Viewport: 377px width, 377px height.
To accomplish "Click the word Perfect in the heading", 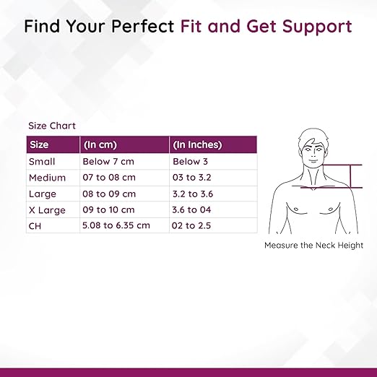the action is pyautogui.click(x=142, y=26).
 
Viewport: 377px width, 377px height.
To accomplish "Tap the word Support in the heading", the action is pyautogui.click(x=317, y=27).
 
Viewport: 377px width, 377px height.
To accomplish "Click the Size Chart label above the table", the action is pyautogui.click(x=52, y=126).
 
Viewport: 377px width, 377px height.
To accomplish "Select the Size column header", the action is pyautogui.click(x=39, y=144).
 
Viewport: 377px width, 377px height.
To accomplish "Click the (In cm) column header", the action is pyautogui.click(x=100, y=144).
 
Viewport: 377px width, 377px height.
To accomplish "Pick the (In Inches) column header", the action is pyautogui.click(x=197, y=144).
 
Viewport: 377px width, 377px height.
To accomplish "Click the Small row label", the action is pyautogui.click(x=42, y=162).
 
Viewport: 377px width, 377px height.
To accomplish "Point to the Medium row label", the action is pyautogui.click(x=47, y=178).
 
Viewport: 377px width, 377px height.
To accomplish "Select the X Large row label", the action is pyautogui.click(x=47, y=210).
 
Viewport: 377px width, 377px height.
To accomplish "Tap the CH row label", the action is pyautogui.click(x=35, y=226).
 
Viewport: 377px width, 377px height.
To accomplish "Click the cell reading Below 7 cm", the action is pyautogui.click(x=108, y=161).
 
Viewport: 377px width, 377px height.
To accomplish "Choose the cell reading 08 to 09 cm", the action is pyautogui.click(x=109, y=194).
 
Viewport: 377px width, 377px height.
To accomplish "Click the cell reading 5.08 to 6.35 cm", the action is pyautogui.click(x=116, y=225).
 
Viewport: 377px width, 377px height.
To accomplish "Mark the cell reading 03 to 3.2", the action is pyautogui.click(x=191, y=178).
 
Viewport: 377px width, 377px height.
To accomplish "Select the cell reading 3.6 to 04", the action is pyautogui.click(x=191, y=209).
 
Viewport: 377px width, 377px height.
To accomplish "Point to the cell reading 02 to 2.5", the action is pyautogui.click(x=191, y=225).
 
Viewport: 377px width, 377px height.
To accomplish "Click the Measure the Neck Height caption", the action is pyautogui.click(x=313, y=245).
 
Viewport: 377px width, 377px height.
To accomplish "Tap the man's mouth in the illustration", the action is pyautogui.click(x=313, y=161).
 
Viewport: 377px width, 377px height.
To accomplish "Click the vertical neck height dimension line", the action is pyautogui.click(x=350, y=176).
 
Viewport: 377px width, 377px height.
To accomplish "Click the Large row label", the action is pyautogui.click(x=43, y=194).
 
